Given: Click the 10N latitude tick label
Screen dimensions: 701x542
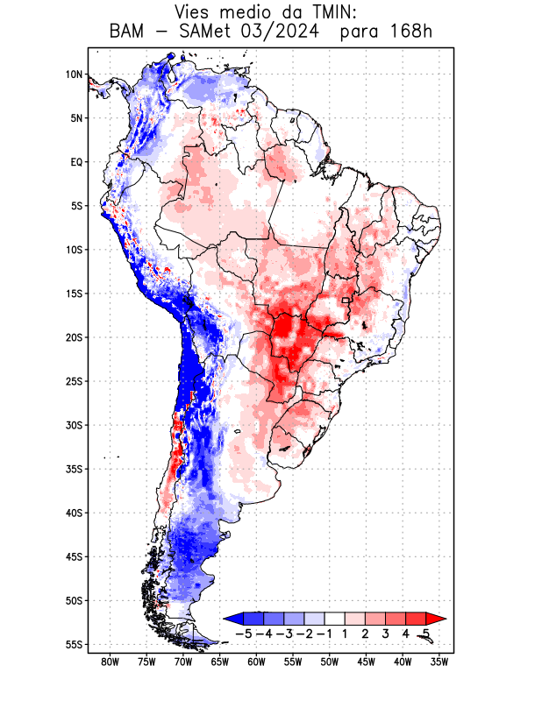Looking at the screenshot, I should pyautogui.click(x=74, y=74).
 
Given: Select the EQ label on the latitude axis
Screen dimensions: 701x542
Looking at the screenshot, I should pyautogui.click(x=76, y=162).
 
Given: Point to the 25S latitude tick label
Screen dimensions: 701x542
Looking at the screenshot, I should pyautogui.click(x=74, y=381).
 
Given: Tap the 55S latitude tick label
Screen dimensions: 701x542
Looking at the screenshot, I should pyautogui.click(x=74, y=645).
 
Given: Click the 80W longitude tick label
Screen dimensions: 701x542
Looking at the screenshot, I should pyautogui.click(x=111, y=662).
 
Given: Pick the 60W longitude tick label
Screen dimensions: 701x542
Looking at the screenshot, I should pyautogui.click(x=257, y=662).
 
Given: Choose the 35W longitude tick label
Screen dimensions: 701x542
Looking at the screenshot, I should pyautogui.click(x=440, y=662).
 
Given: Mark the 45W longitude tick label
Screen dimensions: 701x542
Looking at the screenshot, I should pyautogui.click(x=367, y=662).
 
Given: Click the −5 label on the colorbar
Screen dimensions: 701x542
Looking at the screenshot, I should pyautogui.click(x=243, y=633).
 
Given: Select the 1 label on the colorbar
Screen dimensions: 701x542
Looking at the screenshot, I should pyautogui.click(x=345, y=633).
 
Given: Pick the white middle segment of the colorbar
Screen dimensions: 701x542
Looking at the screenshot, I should pyautogui.click(x=334, y=619).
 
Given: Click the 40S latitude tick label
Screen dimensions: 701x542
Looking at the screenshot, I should pyautogui.click(x=74, y=513).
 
